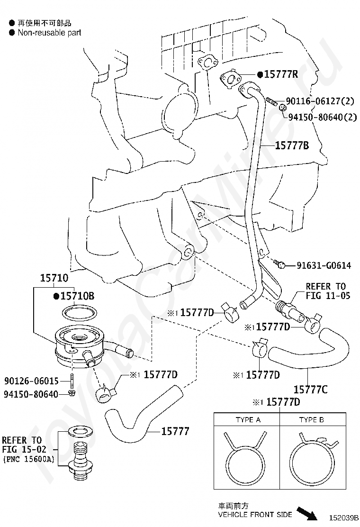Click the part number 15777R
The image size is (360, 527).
pos(281,74)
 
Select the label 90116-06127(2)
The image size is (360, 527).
pos(320,101)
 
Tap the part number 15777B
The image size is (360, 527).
pos(292,145)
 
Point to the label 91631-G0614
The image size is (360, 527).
pos(324,265)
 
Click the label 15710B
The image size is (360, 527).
pos(77,296)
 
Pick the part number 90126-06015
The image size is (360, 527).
pos(31,381)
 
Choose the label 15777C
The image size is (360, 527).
pos(311,390)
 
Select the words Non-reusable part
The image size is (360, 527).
pos(49,33)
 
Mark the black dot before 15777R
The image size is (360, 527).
pos(260,74)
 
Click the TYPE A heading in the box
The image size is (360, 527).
pos(248,420)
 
